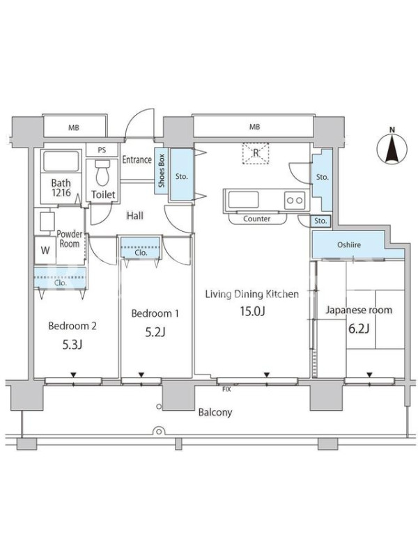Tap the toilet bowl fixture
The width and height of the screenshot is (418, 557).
coord(102,173)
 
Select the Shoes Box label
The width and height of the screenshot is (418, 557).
coord(162,171)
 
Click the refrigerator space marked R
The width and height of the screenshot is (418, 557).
coord(256,153)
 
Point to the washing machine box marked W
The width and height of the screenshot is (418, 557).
coord(45,250)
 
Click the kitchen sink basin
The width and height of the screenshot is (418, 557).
coord(243,200)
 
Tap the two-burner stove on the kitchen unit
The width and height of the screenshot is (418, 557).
coord(295,201)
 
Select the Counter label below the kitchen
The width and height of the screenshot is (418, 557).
coord(256,219)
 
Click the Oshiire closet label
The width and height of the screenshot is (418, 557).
coord(349,245)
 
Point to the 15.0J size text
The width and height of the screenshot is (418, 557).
coord(252,311)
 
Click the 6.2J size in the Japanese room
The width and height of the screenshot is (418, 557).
coord(359,328)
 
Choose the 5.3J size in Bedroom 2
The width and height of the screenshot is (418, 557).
coord(72,344)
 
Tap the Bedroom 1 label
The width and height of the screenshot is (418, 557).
coord(155,313)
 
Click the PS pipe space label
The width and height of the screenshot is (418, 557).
coord(102,150)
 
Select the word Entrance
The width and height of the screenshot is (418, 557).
coord(137,160)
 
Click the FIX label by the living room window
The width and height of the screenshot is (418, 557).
coord(226,389)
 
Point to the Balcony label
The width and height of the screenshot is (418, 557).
coord(215,412)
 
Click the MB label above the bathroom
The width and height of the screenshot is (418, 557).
coord(74,127)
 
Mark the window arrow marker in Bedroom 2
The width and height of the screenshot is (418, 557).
coord(73,375)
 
